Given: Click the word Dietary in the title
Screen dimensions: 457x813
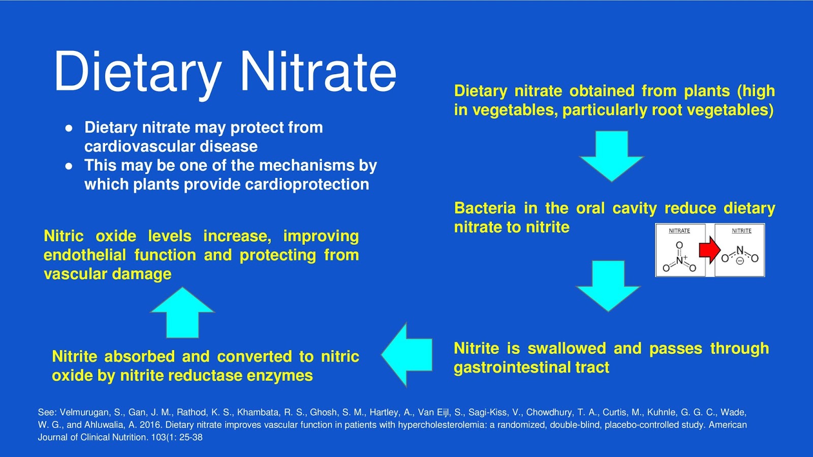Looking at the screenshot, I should [x=137, y=72].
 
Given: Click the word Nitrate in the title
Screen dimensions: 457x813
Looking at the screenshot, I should [x=318, y=72].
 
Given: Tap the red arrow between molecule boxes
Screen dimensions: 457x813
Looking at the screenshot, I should [x=709, y=250].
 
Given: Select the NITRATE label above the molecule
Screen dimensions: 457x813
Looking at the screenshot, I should [x=679, y=231].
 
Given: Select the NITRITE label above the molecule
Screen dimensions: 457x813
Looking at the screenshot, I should [x=741, y=231].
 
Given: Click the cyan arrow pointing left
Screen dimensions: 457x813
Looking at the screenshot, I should [x=408, y=354].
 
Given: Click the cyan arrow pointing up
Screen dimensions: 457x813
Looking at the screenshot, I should [x=182, y=313].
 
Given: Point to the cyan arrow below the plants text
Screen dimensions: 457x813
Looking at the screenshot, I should [x=611, y=155].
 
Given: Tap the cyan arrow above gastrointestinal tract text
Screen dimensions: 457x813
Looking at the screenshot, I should [x=608, y=285].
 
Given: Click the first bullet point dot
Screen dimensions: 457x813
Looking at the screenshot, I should [x=69, y=128].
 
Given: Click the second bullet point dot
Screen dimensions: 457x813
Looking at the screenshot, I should [x=69, y=166].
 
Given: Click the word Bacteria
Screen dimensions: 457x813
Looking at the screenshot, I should [x=485, y=208].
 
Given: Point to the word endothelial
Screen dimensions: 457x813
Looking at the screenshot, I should [x=84, y=255].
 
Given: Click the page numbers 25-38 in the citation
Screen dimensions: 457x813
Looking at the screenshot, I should [x=191, y=437].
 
